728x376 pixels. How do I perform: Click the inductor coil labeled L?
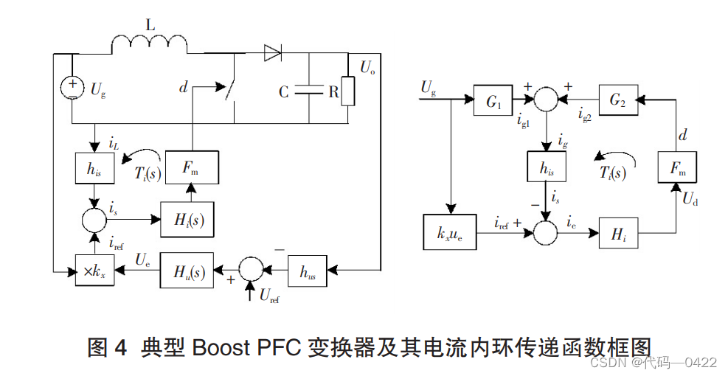click(149, 45)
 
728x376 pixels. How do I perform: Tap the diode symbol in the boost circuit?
click(272, 52)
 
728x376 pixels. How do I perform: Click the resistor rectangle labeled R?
click(347, 91)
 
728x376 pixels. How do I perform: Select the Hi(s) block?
click(187, 219)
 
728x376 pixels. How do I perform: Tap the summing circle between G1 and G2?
click(547, 97)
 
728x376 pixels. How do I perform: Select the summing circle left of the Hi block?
click(547, 231)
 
